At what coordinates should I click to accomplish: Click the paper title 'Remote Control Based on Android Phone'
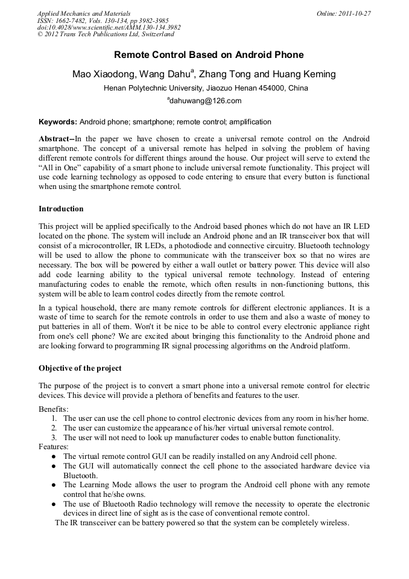pyautogui.click(x=209, y=55)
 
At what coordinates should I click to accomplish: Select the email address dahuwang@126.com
pyautogui.click(x=206, y=101)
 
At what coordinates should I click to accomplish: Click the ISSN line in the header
pyautogui.click(x=103, y=21)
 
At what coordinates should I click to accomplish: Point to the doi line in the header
pyautogui.click(x=109, y=27)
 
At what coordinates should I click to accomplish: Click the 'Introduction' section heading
pyautogui.click(x=61, y=209)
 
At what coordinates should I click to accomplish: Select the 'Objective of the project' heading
pyautogui.click(x=80, y=368)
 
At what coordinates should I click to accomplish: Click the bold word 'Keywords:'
pyautogui.click(x=58, y=121)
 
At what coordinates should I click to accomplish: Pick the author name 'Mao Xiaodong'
pyautogui.click(x=100, y=74)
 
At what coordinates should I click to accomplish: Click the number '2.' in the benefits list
pyautogui.click(x=54, y=428)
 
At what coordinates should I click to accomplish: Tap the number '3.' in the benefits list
pyautogui.click(x=54, y=437)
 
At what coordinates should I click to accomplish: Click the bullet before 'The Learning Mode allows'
pyautogui.click(x=54, y=485)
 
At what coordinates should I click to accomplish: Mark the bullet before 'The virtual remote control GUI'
pyautogui.click(x=54, y=456)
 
